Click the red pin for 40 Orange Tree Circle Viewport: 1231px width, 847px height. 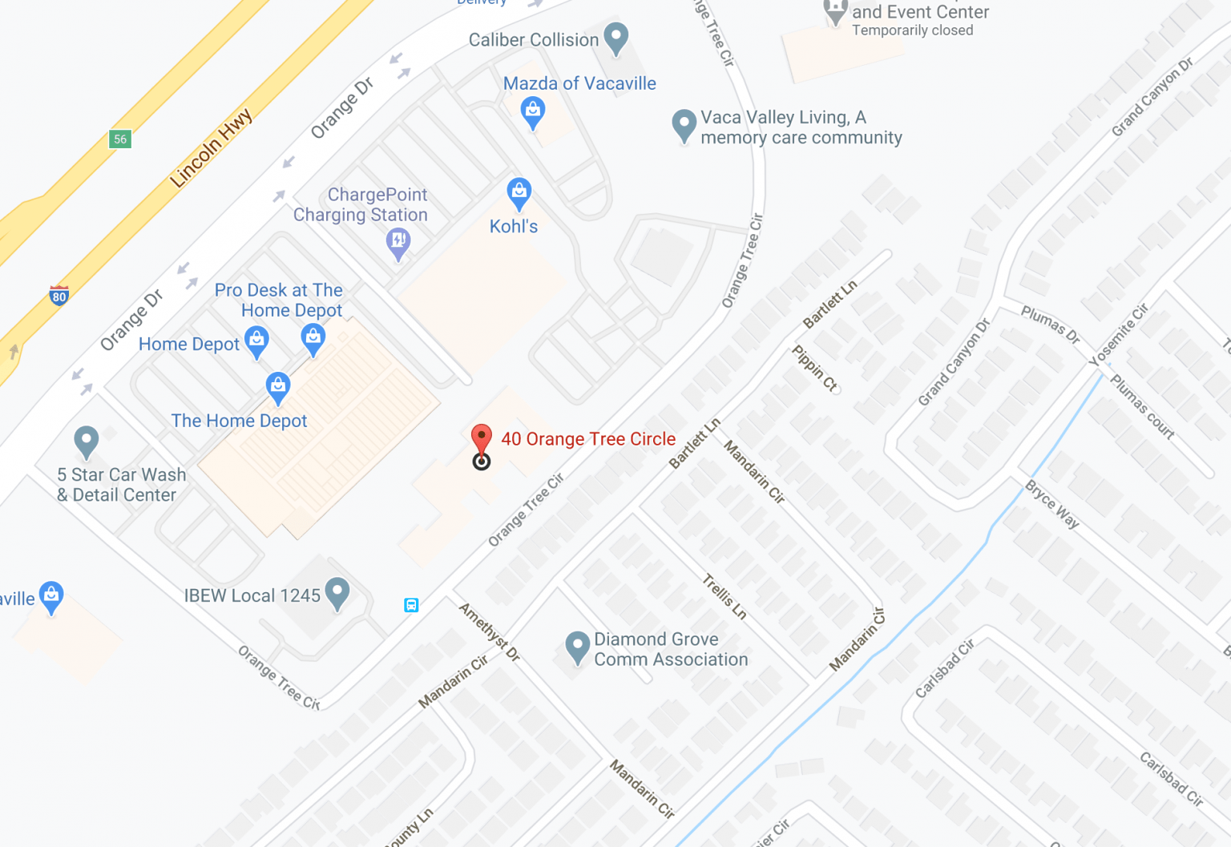(481, 439)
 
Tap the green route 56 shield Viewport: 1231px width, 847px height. (120, 139)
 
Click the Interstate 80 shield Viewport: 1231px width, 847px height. (59, 295)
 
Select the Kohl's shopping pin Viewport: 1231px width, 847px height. (519, 192)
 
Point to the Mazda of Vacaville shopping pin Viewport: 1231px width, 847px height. (533, 111)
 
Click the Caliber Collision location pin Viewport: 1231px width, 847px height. (615, 38)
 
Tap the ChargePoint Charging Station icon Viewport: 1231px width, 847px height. (398, 242)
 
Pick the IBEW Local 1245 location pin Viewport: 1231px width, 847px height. (337, 593)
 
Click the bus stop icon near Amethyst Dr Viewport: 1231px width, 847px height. (411, 605)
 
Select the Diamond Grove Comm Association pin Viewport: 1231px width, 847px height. (577, 647)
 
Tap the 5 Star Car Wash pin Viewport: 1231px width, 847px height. (86, 440)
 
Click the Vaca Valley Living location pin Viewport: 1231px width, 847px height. (684, 125)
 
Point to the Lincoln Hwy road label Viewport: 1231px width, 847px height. (212, 148)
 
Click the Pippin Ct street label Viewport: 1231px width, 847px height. (815, 368)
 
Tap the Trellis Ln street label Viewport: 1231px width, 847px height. (724, 596)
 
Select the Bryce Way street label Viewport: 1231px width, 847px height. (1052, 504)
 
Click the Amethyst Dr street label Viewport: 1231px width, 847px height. (490, 631)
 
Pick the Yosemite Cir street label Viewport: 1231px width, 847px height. (1119, 335)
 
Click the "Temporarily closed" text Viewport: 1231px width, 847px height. (912, 30)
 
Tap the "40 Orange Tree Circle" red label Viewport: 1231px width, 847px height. (588, 439)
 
